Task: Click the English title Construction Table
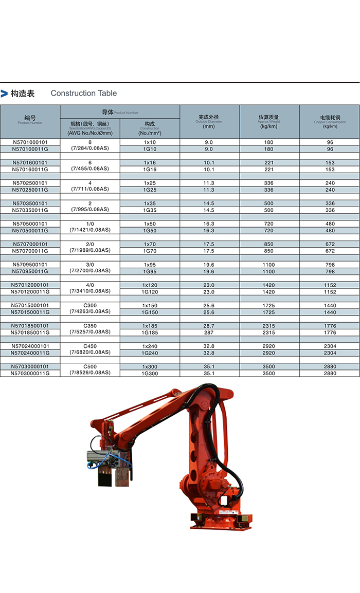pos(83,93)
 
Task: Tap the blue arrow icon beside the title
pos(5,94)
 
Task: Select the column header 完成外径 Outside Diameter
pos(209,121)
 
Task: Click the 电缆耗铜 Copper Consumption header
pos(330,121)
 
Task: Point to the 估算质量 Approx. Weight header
pos(269,121)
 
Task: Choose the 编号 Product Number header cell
pos(30,121)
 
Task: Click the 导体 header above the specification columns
pos(119,112)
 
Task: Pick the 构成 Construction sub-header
pos(150,128)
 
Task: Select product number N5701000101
pos(30,142)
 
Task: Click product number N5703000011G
pos(30,373)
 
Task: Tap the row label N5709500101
pos(30,265)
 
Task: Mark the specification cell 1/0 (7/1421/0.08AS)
pos(89,227)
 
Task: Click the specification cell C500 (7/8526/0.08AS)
pos(89,369)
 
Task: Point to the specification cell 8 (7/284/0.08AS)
pos(89,145)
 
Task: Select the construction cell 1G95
pos(150,271)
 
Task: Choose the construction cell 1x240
pos(150,346)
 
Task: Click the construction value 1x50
pos(150,224)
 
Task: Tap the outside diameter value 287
pos(209,332)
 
